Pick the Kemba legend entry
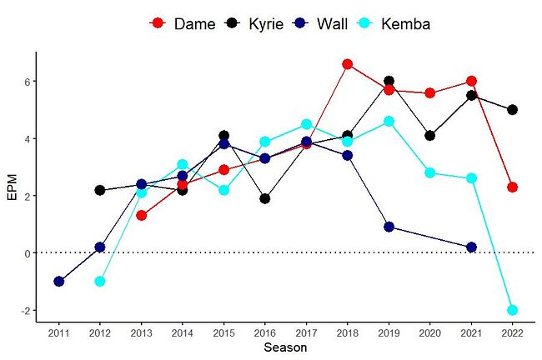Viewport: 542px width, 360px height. (x=392, y=23)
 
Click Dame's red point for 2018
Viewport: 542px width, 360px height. (x=348, y=64)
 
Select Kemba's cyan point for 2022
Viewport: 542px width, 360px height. (x=513, y=310)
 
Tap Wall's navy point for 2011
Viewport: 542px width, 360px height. (x=58, y=282)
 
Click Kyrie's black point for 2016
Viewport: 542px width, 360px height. (x=265, y=198)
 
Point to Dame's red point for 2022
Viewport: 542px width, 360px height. (x=513, y=187)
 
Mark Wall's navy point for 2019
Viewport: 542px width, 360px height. (x=389, y=227)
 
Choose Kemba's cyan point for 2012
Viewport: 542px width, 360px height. (x=100, y=282)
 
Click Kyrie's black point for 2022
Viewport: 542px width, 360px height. (x=513, y=110)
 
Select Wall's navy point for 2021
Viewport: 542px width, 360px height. (x=471, y=247)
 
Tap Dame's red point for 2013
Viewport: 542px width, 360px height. (x=142, y=216)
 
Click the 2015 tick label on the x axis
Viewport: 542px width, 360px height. (x=223, y=332)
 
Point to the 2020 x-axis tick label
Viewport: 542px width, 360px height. (x=430, y=332)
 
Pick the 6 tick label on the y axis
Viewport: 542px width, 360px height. (x=27, y=82)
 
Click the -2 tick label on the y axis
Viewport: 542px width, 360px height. (x=24, y=311)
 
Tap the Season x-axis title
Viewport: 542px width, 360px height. (x=285, y=347)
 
